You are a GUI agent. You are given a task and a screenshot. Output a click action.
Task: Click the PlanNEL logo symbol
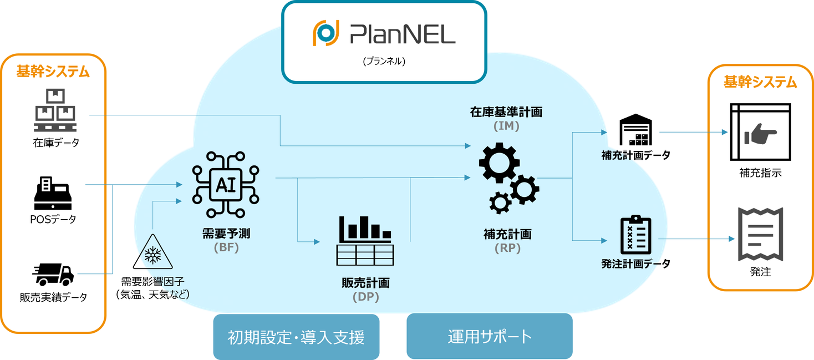325,33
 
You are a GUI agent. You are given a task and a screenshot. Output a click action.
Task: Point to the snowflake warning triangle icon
153,253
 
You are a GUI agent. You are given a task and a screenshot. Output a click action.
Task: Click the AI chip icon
226,184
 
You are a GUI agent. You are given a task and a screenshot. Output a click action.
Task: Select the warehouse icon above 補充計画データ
635,131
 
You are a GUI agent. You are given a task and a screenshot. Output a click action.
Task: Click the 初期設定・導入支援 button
296,337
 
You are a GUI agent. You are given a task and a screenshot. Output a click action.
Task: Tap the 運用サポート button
489,336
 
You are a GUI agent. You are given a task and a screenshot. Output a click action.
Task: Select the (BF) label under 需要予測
226,248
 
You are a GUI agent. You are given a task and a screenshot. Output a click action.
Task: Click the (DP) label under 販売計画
365,297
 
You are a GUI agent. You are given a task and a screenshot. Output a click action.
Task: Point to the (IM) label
506,126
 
